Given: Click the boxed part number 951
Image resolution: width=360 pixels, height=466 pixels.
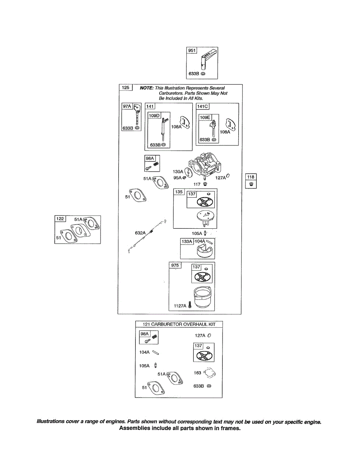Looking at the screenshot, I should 192,50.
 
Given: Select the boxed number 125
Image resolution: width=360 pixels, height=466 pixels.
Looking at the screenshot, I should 125,88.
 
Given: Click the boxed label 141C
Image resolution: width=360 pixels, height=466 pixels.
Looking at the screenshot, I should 202,106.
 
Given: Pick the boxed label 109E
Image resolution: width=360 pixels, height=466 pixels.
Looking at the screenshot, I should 204,117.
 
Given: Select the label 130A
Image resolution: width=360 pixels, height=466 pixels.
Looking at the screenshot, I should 178,172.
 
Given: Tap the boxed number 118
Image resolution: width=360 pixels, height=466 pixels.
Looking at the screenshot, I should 250,177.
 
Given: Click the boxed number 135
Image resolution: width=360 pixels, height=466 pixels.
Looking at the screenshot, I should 179,192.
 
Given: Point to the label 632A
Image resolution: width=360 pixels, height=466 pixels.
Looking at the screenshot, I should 140,233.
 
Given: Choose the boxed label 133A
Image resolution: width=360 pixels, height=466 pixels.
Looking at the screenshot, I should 187,242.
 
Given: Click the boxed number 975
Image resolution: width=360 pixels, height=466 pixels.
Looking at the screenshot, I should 176,265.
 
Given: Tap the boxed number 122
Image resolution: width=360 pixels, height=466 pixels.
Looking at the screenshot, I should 60,219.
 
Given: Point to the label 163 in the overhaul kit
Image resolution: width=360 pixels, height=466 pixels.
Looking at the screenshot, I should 197,373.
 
